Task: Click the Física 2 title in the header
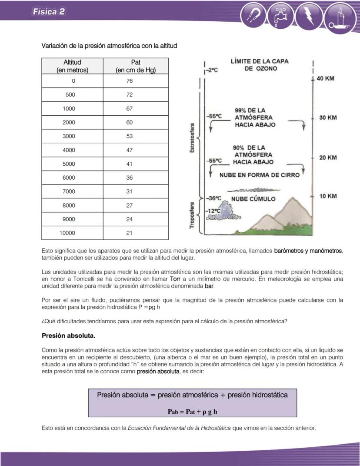49,12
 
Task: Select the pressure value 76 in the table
130,81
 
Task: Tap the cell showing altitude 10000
67,233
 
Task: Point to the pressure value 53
130,136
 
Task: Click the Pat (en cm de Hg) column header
135,66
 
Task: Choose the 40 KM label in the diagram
327,79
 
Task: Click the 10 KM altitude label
328,196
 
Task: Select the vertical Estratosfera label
192,137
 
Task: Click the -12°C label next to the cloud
211,211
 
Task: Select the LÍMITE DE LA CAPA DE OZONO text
259,65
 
